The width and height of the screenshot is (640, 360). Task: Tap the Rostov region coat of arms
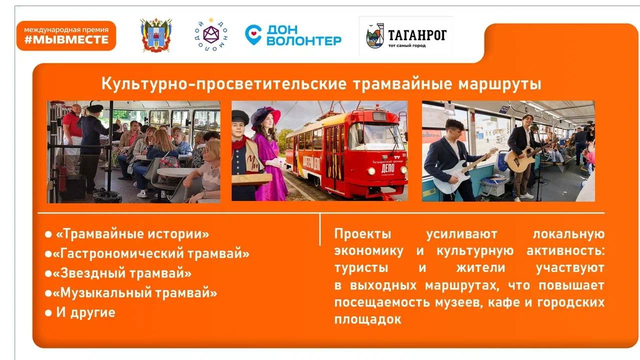click(x=156, y=35)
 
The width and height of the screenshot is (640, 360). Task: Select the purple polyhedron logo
click(x=211, y=35)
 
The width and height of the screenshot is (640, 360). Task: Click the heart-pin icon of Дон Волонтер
click(x=253, y=34)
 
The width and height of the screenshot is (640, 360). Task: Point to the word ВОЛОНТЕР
click(x=304, y=41)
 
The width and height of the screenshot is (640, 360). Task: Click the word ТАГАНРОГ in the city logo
click(x=417, y=35)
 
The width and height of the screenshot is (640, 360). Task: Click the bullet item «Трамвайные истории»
click(x=132, y=234)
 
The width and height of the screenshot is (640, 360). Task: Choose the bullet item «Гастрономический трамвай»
click(x=151, y=253)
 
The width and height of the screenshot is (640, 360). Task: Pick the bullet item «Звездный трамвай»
click(x=122, y=273)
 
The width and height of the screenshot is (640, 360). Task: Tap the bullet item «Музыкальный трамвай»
click(x=135, y=292)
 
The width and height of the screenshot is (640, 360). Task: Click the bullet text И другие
click(x=85, y=312)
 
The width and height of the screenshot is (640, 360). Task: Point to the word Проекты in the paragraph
click(x=363, y=234)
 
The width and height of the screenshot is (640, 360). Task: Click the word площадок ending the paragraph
click(x=368, y=319)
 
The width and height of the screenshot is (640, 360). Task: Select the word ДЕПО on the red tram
click(x=387, y=168)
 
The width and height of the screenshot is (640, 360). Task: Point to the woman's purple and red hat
click(x=265, y=116)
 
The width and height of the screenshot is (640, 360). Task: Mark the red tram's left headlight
click(x=371, y=171)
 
